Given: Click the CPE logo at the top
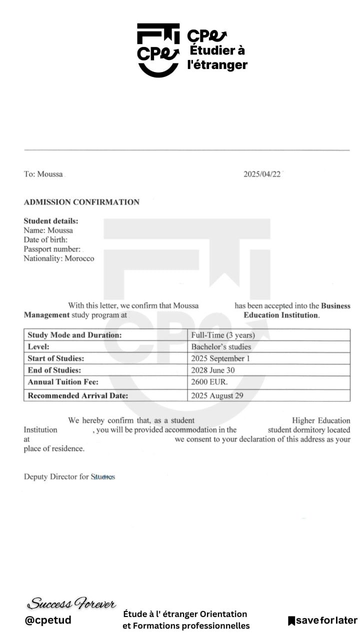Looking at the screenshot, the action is pos(155,47).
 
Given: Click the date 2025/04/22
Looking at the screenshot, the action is pos(264,174).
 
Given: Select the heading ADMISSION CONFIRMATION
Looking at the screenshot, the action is pos(82,202).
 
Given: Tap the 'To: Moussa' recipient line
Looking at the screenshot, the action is pos(43,174).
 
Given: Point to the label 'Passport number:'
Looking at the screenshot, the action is pos(52,249).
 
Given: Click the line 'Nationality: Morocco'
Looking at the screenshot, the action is pos(59,258).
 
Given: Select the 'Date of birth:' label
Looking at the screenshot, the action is pos(47,240).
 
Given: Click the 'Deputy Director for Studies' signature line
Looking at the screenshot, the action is pos(70,477).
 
